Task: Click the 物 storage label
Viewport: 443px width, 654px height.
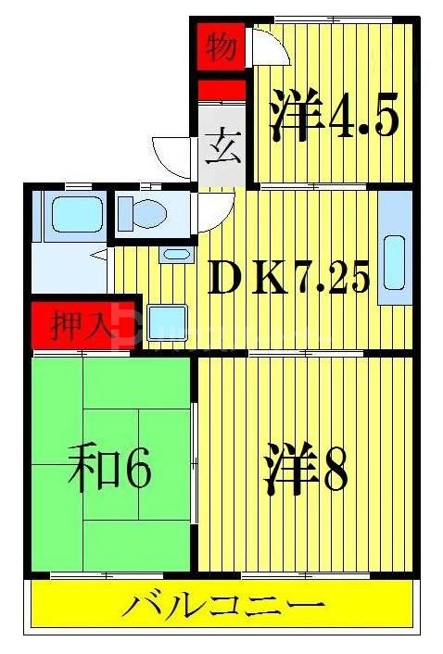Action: pos(221,47)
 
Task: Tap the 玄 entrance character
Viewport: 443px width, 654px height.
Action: pos(221,147)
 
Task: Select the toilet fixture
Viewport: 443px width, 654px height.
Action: pos(143,213)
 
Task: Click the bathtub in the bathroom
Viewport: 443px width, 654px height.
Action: pos(70,214)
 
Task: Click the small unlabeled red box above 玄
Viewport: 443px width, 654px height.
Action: pos(221,90)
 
